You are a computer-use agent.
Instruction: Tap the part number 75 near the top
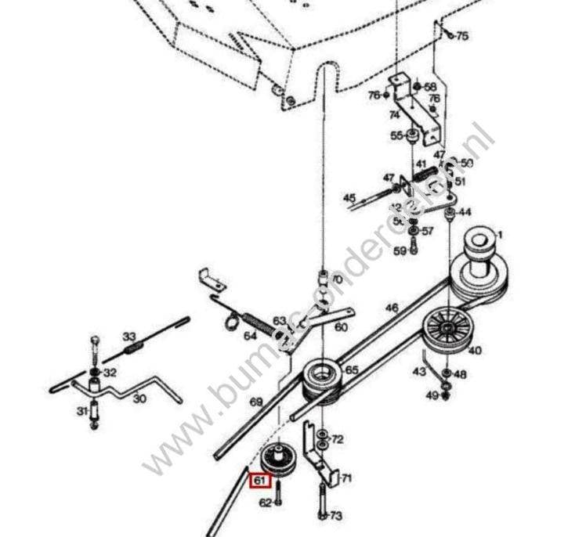[462, 36]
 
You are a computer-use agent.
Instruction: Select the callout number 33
[129, 337]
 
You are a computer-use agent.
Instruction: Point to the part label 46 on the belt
[392, 308]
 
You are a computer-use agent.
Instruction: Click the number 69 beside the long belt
[256, 402]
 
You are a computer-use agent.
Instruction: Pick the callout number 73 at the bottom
[336, 516]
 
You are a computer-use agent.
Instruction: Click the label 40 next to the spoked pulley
[475, 351]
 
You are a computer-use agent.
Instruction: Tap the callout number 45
[349, 198]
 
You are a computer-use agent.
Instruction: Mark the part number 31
[81, 410]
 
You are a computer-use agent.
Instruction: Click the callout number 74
[394, 114]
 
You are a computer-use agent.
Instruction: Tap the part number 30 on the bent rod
[139, 398]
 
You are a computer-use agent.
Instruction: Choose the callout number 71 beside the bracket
[345, 478]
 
